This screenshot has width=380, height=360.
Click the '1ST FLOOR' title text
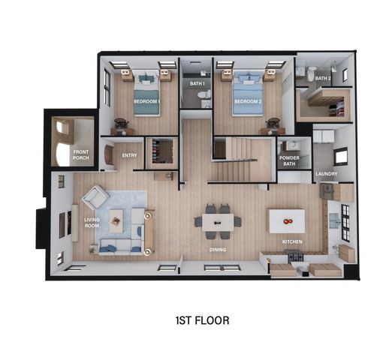(x=201, y=319)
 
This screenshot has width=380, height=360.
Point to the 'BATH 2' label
(x=323, y=77)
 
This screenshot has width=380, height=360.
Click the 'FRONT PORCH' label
(x=81, y=154)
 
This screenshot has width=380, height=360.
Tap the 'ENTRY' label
(x=128, y=155)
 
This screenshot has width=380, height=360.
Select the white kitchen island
(x=287, y=220)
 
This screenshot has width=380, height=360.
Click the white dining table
(x=218, y=221)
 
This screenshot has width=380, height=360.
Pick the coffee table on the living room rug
(x=116, y=220)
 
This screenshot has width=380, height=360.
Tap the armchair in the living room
(x=94, y=198)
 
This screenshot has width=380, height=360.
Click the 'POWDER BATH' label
(x=289, y=160)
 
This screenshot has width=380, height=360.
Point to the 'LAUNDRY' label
(x=327, y=174)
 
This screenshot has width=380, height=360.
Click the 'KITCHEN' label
(x=292, y=242)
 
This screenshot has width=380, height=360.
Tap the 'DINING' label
(x=219, y=250)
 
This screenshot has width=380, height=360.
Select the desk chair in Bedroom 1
(x=120, y=123)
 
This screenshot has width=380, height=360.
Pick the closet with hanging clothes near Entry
(x=161, y=152)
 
